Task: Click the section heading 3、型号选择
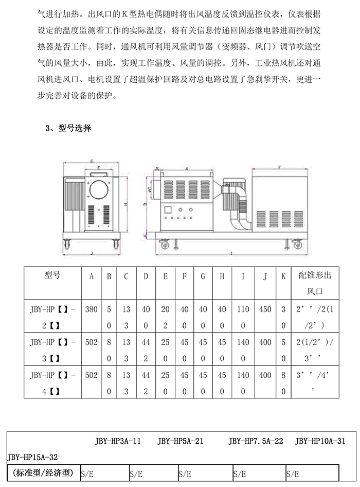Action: click(68, 128)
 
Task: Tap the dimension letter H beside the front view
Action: click(125, 204)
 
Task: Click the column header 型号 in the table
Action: click(52, 275)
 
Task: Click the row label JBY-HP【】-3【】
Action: click(52, 350)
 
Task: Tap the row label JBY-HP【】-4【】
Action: click(52, 382)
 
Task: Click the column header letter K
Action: click(283, 276)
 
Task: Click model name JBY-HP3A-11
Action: click(118, 441)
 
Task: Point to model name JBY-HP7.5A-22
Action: click(256, 441)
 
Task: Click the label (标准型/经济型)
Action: click(42, 472)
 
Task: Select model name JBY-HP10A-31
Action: click(320, 441)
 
